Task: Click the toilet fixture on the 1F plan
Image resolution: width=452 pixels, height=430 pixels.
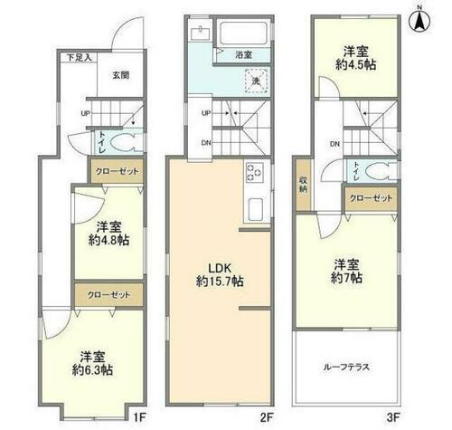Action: [126, 141]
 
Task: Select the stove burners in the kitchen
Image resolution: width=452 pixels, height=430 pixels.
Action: [253, 171]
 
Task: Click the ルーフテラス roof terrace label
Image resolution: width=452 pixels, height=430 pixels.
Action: [346, 368]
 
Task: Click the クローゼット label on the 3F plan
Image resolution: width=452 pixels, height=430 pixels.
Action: [371, 197]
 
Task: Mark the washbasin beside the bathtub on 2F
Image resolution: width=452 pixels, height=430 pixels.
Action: [200, 35]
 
